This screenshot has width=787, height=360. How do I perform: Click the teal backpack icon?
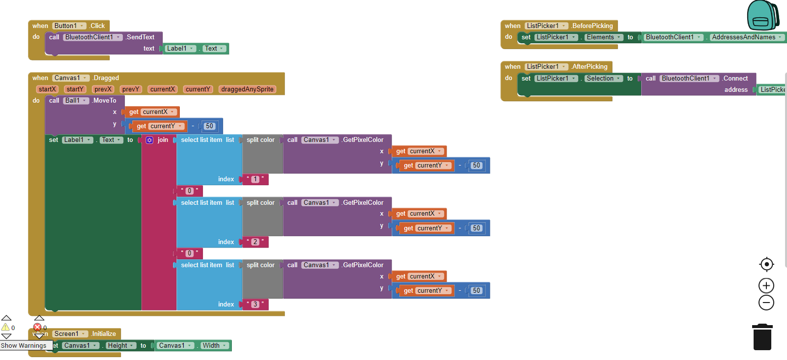click(762, 16)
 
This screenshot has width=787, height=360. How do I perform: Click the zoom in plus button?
click(766, 285)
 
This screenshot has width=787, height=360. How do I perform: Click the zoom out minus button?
click(766, 303)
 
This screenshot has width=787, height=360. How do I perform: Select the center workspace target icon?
click(766, 264)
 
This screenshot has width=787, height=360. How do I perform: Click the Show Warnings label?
click(24, 345)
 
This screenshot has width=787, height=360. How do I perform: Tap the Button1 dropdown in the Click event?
click(69, 26)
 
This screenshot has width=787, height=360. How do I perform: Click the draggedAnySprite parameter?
click(247, 89)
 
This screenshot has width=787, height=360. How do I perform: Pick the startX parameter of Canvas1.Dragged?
click(47, 89)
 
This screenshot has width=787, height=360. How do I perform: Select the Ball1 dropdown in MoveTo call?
click(76, 101)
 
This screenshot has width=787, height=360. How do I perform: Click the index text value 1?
click(255, 179)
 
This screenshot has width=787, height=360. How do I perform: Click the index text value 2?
click(255, 242)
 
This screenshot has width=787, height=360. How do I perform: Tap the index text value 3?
click(255, 305)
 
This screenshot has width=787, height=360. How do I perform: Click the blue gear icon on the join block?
click(149, 140)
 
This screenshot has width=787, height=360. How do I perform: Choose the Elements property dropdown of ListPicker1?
click(604, 37)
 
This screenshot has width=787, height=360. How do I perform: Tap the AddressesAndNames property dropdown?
click(747, 37)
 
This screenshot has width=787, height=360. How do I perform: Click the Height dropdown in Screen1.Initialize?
click(121, 346)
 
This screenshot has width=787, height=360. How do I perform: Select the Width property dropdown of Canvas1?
click(215, 346)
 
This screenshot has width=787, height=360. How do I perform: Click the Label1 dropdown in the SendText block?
click(180, 49)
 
